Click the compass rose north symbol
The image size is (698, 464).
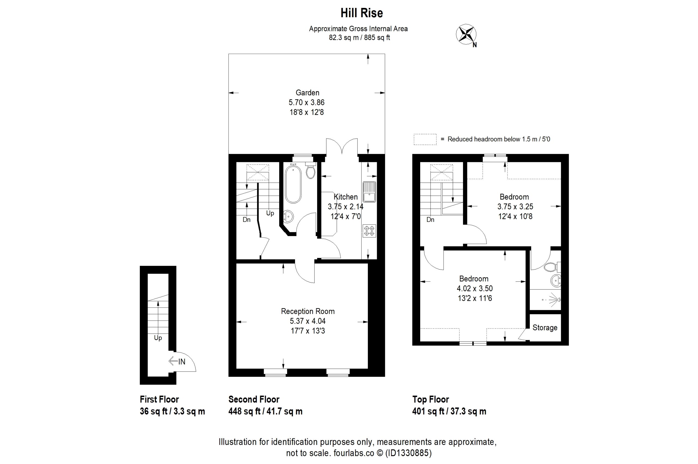click(x=466, y=34)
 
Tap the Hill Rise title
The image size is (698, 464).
click(x=362, y=13)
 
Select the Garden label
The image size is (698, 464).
click(x=308, y=93)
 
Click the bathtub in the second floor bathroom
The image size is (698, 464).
click(x=293, y=184)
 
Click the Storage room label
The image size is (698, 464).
click(x=545, y=328)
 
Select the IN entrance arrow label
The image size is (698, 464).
click(x=177, y=361)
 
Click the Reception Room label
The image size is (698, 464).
click(x=308, y=311)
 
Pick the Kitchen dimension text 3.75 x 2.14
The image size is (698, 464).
click(x=345, y=207)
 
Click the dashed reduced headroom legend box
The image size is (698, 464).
click(x=425, y=139)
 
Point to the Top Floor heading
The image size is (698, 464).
click(x=431, y=399)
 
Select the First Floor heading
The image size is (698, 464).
click(x=159, y=399)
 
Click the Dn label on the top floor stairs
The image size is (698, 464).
click(x=430, y=219)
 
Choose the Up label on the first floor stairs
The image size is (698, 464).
click(x=158, y=338)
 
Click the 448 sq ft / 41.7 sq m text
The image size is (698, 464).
click(x=265, y=411)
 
